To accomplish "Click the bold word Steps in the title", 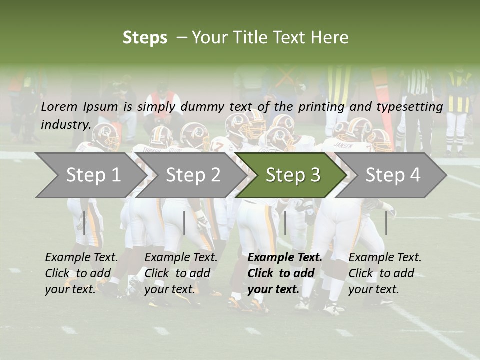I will tap(145, 38).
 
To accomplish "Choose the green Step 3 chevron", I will tap(293, 175).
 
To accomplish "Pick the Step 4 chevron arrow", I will tap(393, 175).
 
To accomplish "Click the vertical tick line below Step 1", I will tap(84, 223).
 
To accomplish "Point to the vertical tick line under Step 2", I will tap(184, 223).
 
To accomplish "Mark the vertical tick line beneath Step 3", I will tap(285, 223).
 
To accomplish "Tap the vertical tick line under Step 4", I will tap(386, 223).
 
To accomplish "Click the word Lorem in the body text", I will tap(59, 106).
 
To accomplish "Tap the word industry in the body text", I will tap(66, 124).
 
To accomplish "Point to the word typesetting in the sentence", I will tap(409, 106).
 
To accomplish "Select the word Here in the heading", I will tap(329, 38).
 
